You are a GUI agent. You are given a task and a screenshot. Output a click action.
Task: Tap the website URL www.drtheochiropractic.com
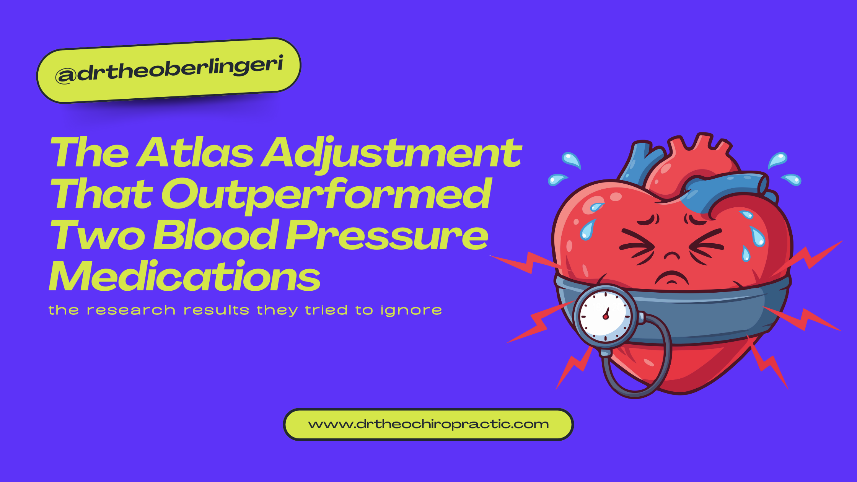(x=428, y=424)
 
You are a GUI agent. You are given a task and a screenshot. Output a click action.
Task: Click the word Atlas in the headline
(x=195, y=153)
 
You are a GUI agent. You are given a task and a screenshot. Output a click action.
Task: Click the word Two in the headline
(x=97, y=236)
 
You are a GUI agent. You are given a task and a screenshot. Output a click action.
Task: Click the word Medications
(x=184, y=276)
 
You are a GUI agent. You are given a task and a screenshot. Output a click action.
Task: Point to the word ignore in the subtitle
(x=411, y=311)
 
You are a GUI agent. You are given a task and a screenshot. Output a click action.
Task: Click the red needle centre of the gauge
(x=606, y=317)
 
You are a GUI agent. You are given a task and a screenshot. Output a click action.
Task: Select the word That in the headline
(x=101, y=195)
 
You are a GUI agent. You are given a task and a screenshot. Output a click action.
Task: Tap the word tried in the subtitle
(x=326, y=310)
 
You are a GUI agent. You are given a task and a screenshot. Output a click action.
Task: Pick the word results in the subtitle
(x=216, y=310)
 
